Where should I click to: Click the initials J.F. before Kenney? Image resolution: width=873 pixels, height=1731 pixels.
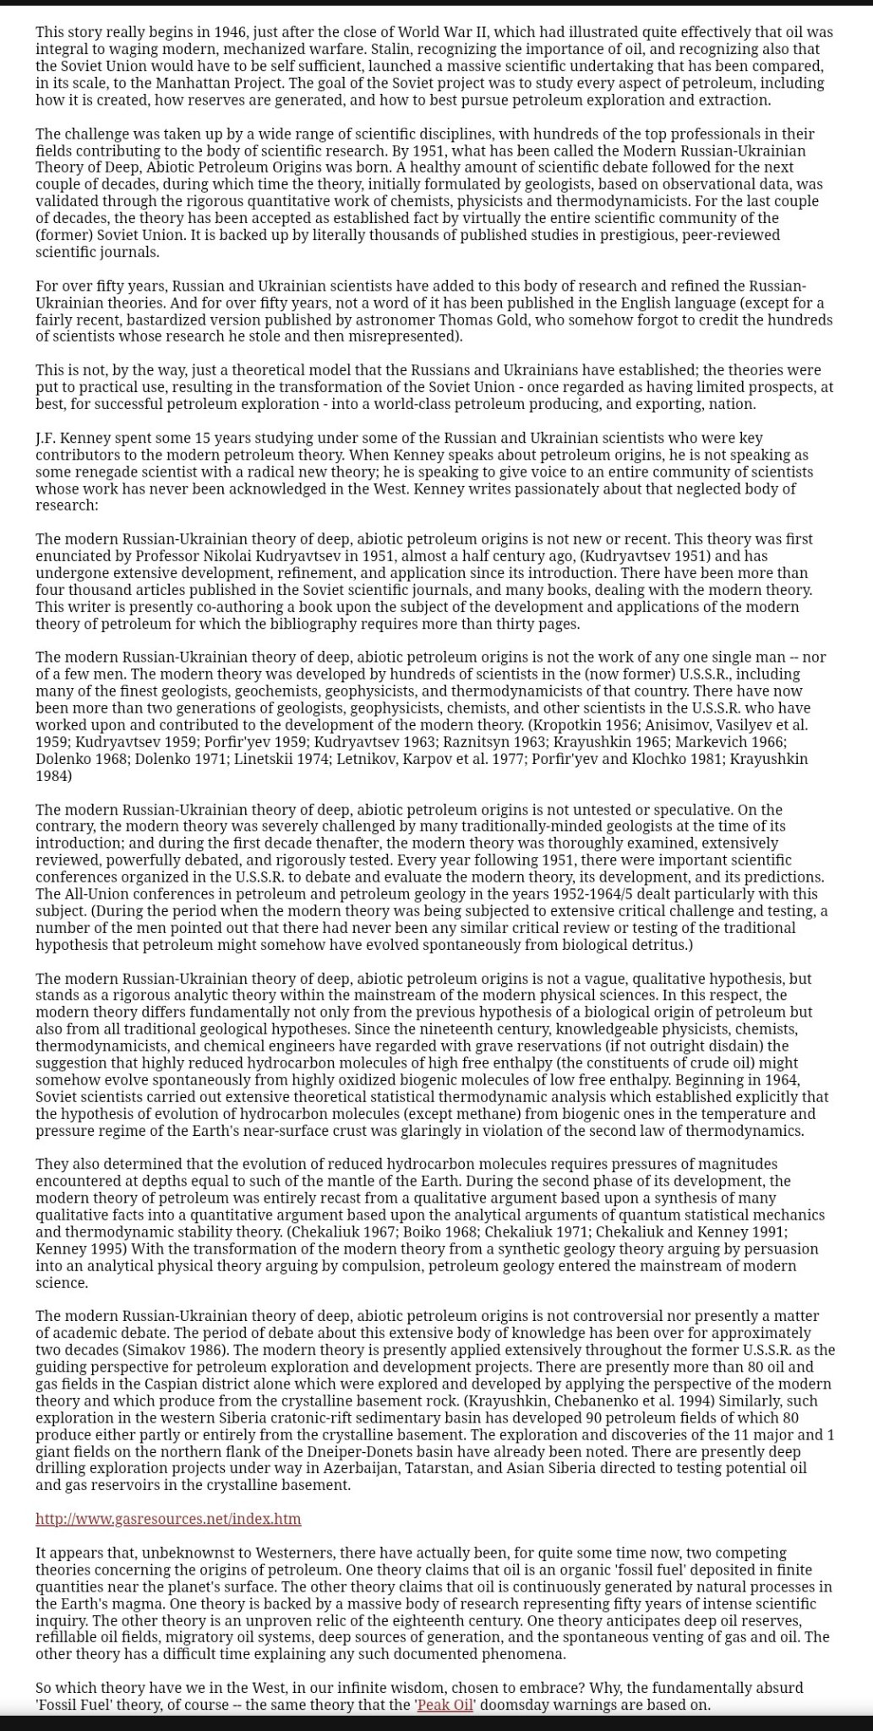[x=46, y=438]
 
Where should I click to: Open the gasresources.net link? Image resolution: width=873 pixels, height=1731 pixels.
[x=168, y=1519]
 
